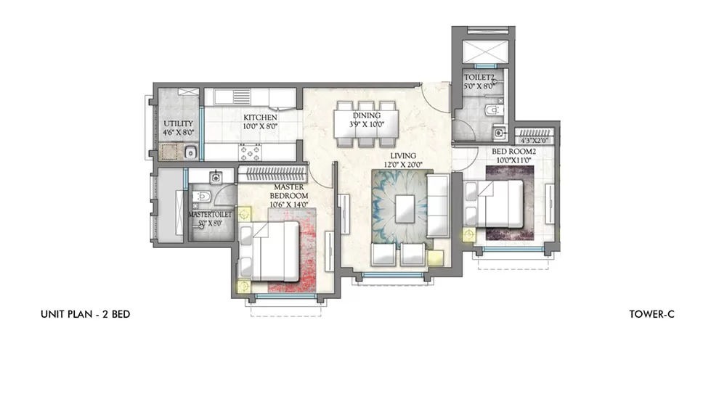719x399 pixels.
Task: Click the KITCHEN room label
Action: pyautogui.click(x=260, y=118)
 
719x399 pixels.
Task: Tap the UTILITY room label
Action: pyautogui.click(x=177, y=124)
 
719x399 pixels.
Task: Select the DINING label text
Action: pyautogui.click(x=366, y=115)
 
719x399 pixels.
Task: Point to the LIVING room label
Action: pyautogui.click(x=402, y=155)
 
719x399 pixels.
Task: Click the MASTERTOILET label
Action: pyautogui.click(x=210, y=215)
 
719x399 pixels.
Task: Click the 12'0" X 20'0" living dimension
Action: pyautogui.click(x=402, y=165)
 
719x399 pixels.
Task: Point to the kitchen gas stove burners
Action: pyautogui.click(x=251, y=152)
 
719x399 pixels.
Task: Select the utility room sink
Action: pyautogui.click(x=189, y=152)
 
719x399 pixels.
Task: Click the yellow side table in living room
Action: pyautogui.click(x=436, y=257)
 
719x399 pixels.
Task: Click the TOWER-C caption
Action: pyautogui.click(x=653, y=314)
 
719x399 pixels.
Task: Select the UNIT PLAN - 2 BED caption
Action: pyautogui.click(x=85, y=314)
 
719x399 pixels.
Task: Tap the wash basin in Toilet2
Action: pyautogui.click(x=498, y=133)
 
